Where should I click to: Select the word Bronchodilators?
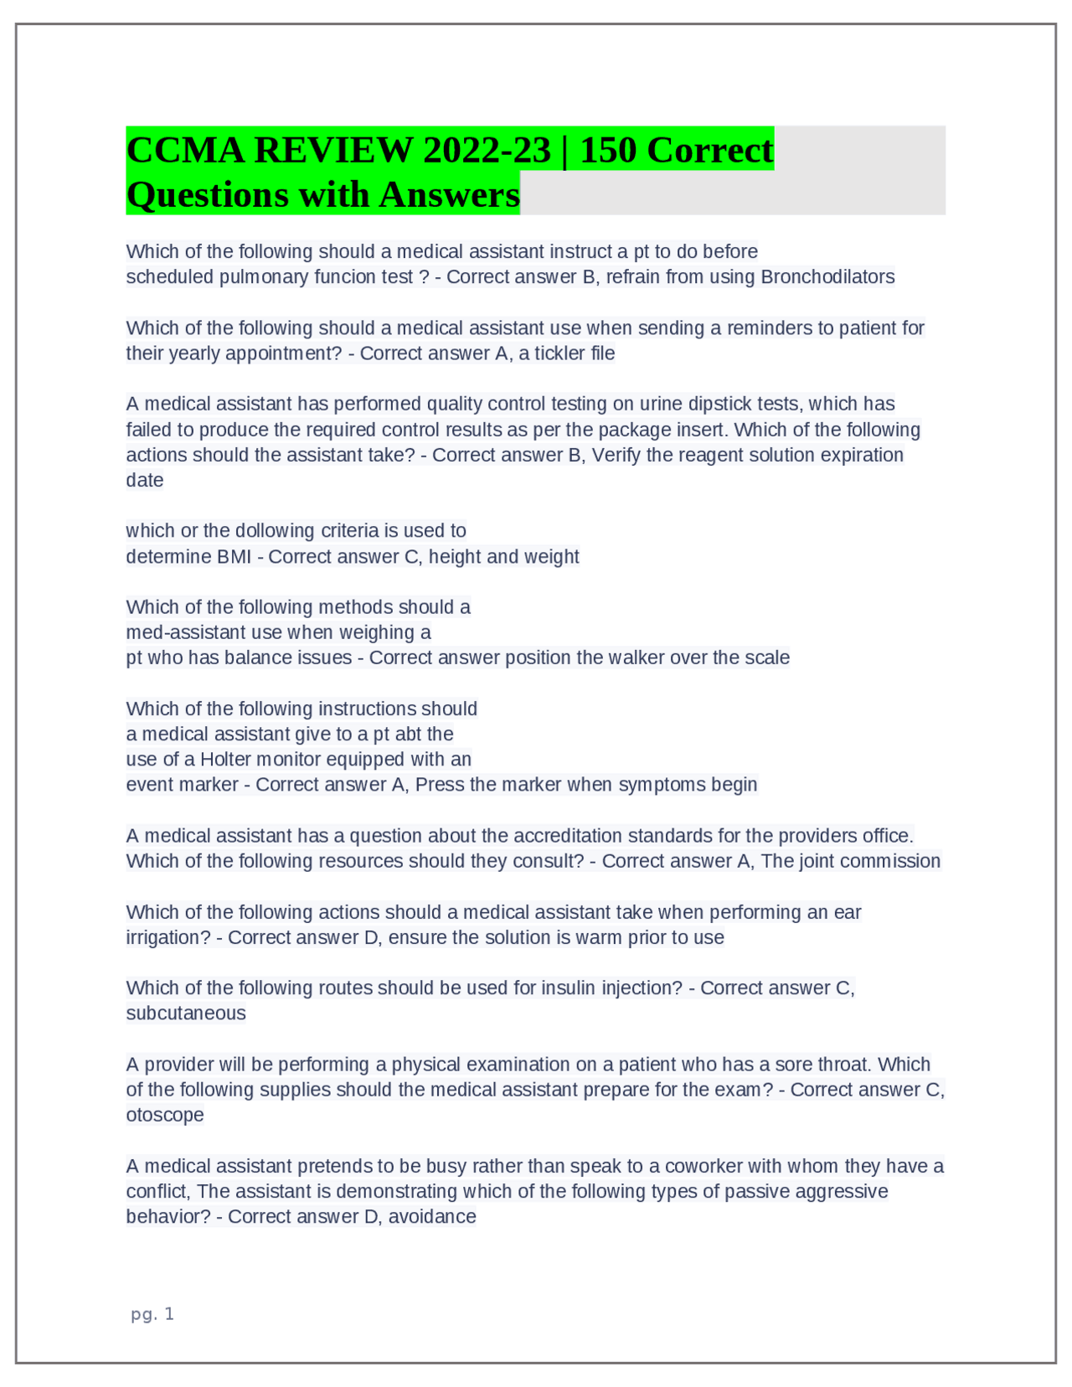[x=827, y=277]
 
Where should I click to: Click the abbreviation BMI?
[x=234, y=557]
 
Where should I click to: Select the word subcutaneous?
[x=186, y=1013]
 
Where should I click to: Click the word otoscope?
[x=165, y=1116]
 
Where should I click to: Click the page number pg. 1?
[x=152, y=1314]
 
